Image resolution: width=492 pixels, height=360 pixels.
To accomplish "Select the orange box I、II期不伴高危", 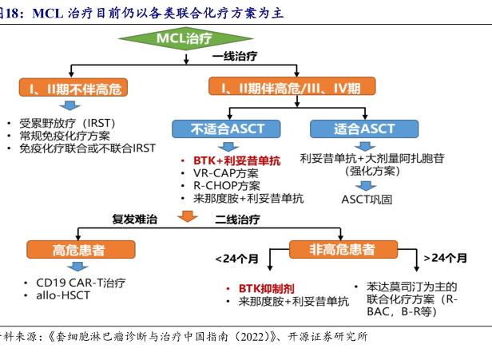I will click(x=73, y=87).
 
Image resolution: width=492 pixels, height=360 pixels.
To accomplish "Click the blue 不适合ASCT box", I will click(x=217, y=128).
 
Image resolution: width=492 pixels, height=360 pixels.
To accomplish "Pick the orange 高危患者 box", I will click(x=77, y=250).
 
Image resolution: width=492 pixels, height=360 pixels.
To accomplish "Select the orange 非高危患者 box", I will click(x=342, y=250).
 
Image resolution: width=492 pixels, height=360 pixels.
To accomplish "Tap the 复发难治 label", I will click(x=135, y=218).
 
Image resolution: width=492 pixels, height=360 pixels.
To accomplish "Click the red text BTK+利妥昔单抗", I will click(x=231, y=160).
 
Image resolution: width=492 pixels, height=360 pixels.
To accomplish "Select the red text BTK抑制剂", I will click(x=256, y=287).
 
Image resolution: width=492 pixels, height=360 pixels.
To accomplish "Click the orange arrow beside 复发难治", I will click(x=187, y=216).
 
